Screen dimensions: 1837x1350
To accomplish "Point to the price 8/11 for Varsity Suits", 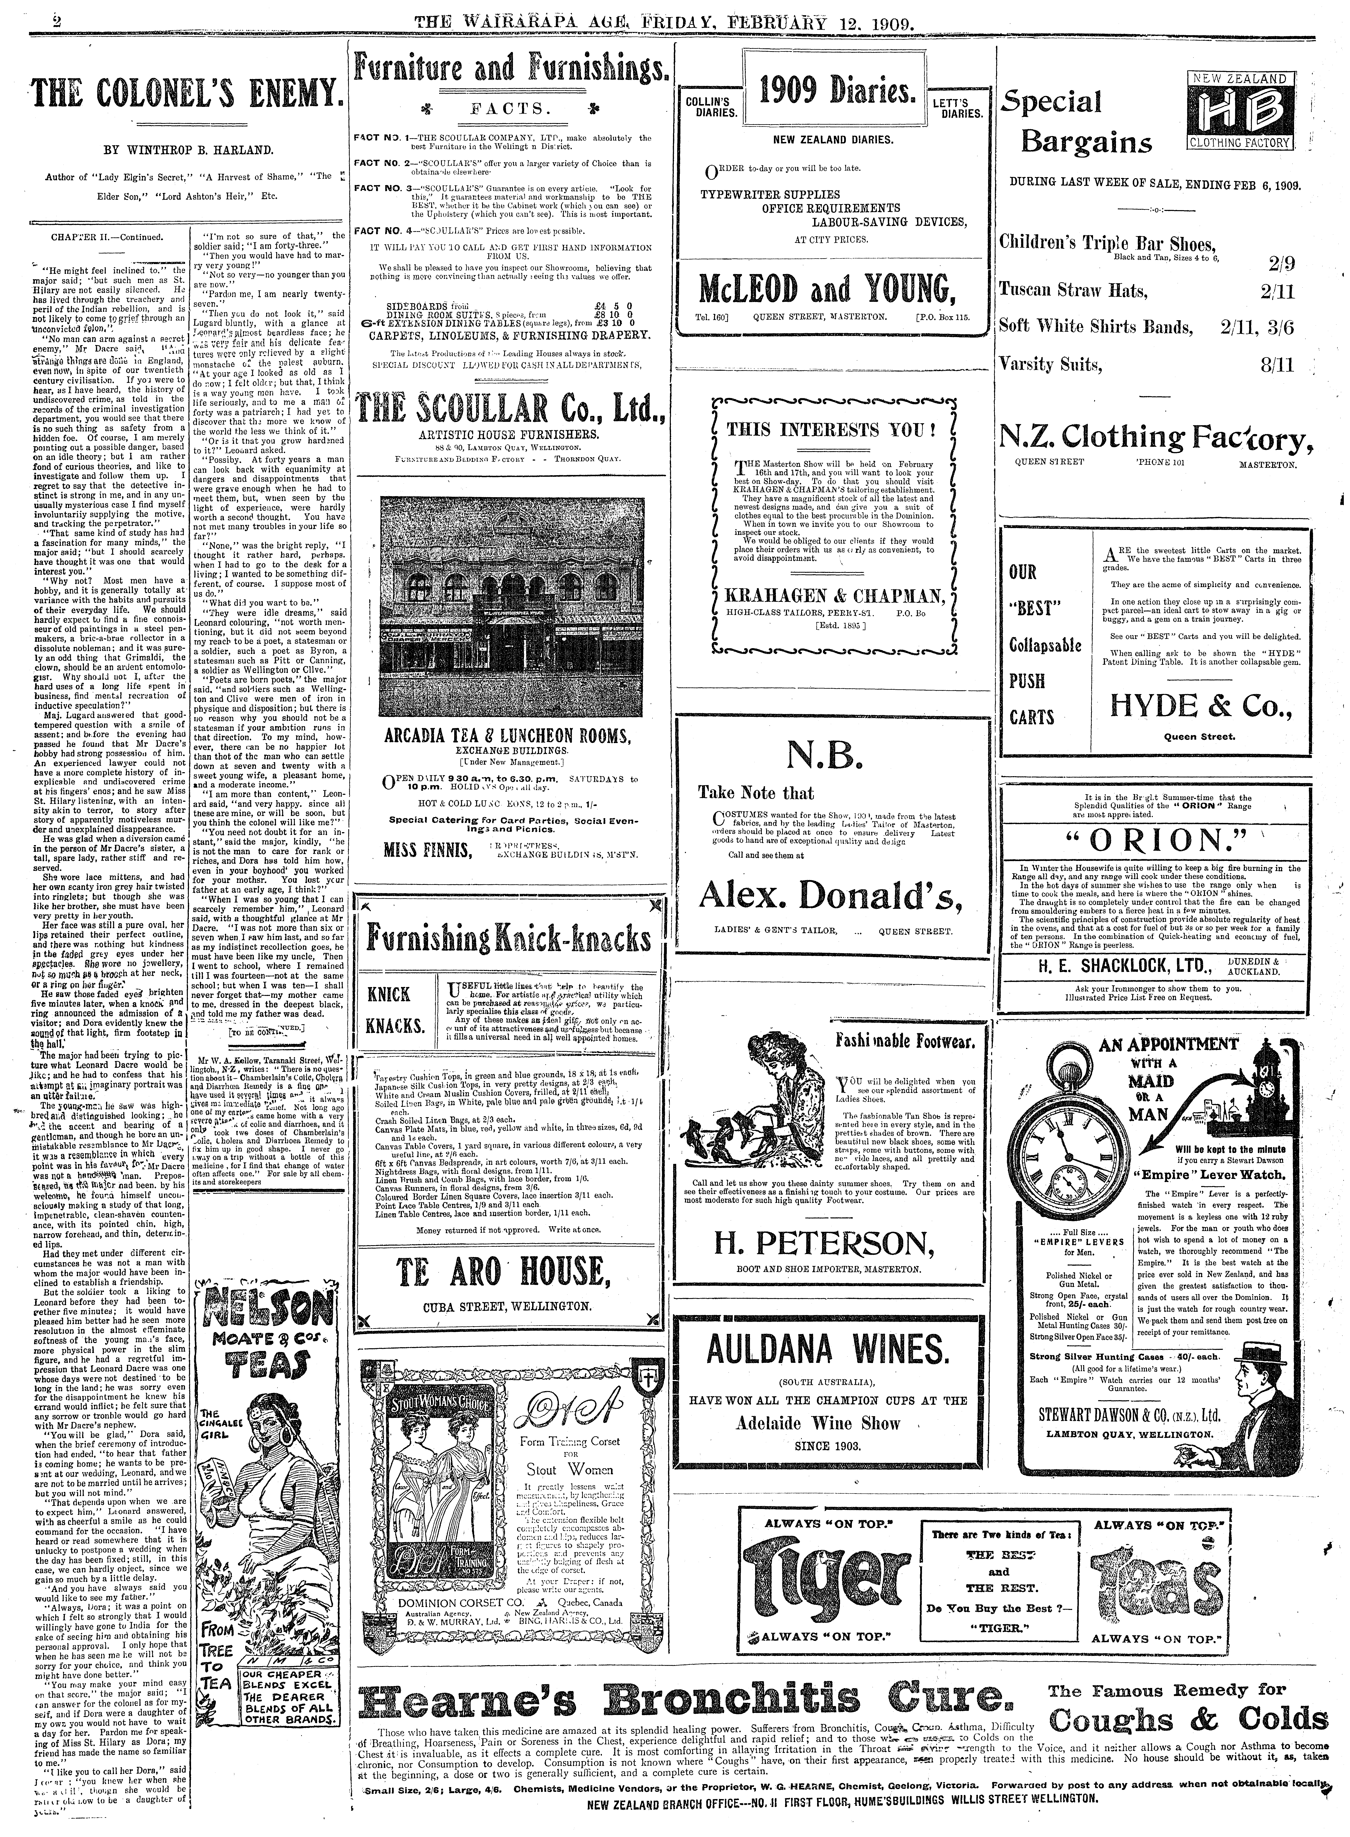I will point(1277,364).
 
